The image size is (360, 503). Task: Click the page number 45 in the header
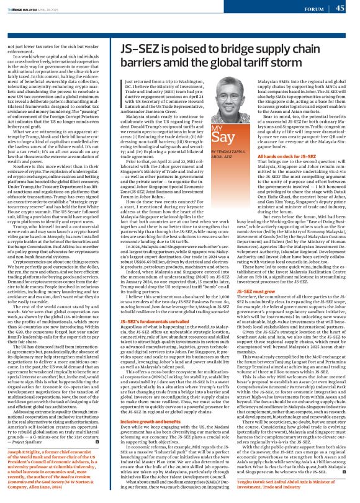(x=340, y=9)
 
